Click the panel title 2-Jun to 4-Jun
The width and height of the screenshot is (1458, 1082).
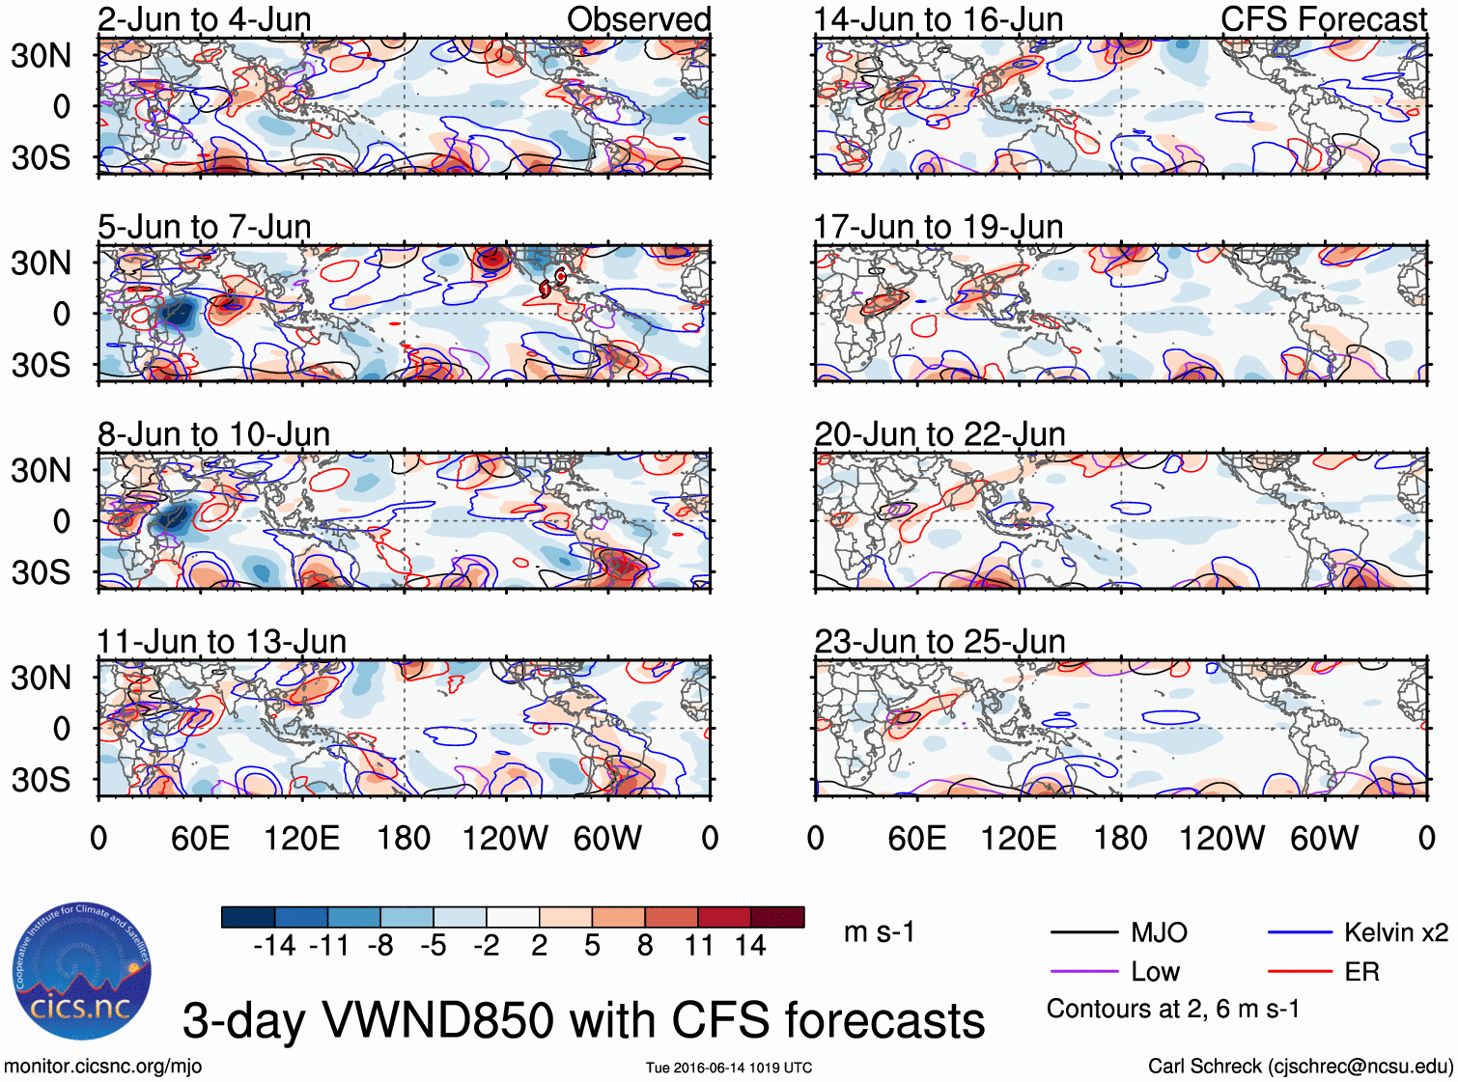click(204, 19)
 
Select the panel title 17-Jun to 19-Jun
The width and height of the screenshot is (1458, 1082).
click(938, 227)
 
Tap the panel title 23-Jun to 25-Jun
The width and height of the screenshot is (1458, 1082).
click(939, 642)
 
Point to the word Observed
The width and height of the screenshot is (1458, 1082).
click(638, 19)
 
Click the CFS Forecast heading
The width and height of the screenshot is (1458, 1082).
click(1323, 19)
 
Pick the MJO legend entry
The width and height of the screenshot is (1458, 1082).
click(1120, 932)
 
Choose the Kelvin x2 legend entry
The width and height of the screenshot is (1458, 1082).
click(1358, 932)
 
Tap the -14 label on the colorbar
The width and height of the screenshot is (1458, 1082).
click(274, 946)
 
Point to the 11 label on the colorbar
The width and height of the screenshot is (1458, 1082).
click(698, 946)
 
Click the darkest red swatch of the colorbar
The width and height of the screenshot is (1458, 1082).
click(777, 917)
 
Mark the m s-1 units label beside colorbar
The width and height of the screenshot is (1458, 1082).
click(879, 932)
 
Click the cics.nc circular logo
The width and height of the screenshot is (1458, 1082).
click(81, 971)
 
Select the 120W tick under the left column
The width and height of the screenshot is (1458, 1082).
click(505, 838)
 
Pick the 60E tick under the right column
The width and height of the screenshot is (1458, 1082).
click(916, 838)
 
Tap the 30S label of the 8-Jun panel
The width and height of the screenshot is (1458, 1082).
click(41, 572)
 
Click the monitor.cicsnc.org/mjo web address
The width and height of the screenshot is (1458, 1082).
click(102, 1066)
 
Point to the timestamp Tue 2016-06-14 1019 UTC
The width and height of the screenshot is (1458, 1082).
click(729, 1068)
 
